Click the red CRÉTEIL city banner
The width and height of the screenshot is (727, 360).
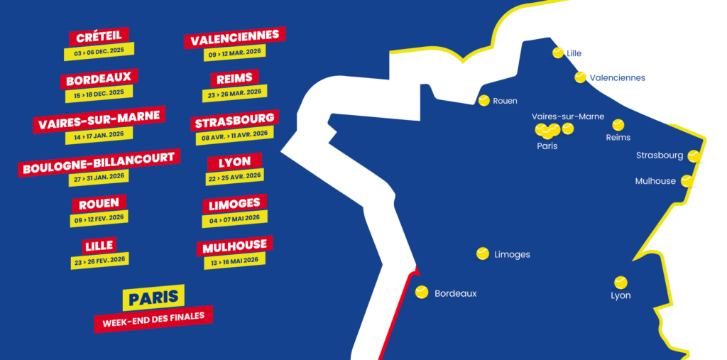(99, 36)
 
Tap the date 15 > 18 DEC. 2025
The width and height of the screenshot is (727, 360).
(99, 93)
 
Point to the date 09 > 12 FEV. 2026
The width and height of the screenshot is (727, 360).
(99, 218)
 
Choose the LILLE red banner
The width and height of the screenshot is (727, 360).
(99, 246)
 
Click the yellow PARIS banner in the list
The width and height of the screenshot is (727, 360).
(153, 297)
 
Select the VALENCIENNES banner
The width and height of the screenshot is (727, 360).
(234, 38)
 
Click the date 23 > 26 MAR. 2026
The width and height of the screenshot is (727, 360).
(234, 92)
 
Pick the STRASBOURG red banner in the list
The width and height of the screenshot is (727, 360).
(234, 121)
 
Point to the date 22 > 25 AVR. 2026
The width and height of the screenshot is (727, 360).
(234, 175)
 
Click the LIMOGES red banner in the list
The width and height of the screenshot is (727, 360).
(234, 204)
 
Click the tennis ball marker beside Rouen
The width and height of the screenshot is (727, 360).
(484, 100)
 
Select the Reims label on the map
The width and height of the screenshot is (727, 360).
(618, 137)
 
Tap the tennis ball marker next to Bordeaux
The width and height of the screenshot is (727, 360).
(422, 292)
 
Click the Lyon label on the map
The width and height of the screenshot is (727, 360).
(621, 295)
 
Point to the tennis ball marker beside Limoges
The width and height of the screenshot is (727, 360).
(483, 253)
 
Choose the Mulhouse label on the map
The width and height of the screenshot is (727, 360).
(655, 181)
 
